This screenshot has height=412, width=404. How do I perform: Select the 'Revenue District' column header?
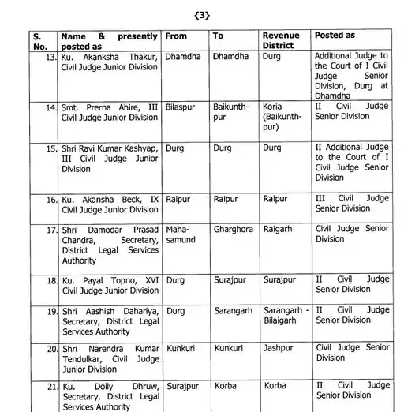point(281,41)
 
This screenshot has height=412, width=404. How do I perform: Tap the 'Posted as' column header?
point(335,36)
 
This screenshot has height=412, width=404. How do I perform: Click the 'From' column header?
point(178,36)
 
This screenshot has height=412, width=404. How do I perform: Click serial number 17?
point(51,229)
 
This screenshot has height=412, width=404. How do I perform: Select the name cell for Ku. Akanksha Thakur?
point(110,62)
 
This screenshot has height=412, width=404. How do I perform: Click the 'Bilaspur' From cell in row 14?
point(183,106)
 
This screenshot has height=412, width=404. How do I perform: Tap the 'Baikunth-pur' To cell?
point(230,111)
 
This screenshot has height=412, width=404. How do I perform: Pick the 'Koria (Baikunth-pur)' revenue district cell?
point(282,116)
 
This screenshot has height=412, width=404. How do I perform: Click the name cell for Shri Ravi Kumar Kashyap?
point(110,158)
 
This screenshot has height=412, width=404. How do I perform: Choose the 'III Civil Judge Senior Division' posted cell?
point(352,204)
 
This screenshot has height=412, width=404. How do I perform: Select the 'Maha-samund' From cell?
point(181,234)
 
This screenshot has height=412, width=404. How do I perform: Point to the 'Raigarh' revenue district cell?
point(279,229)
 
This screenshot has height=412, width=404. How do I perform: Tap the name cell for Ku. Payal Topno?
point(110,285)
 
